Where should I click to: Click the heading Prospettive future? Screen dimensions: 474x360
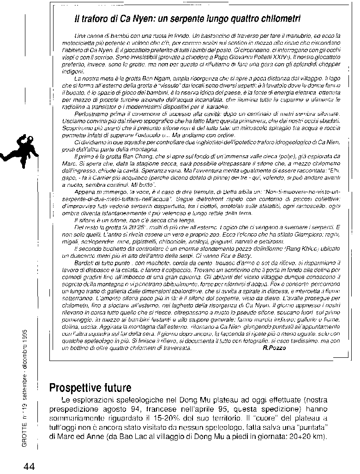tap(90, 387)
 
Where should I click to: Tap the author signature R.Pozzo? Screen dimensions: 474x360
tap(274, 348)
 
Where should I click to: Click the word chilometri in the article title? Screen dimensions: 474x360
tap(275, 19)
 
